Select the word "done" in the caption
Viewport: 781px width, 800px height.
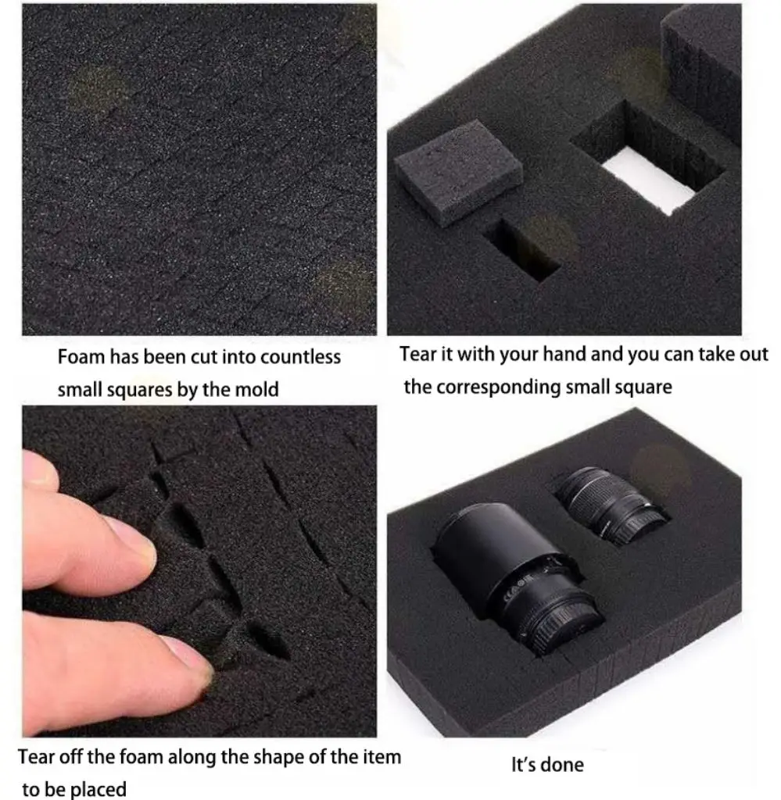click(564, 764)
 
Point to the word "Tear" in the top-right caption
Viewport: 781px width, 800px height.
click(418, 354)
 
